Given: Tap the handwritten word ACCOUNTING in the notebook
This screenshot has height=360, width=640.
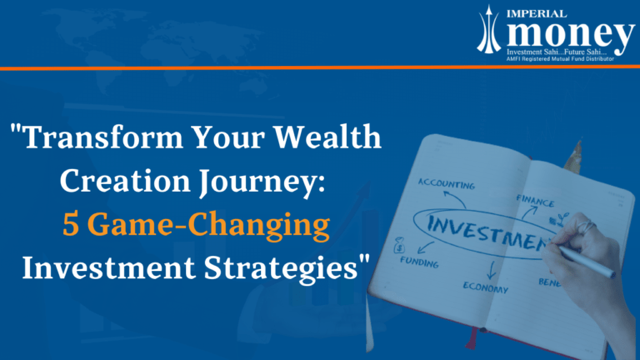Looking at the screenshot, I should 447,182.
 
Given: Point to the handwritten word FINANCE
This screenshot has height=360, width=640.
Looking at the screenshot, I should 534,200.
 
